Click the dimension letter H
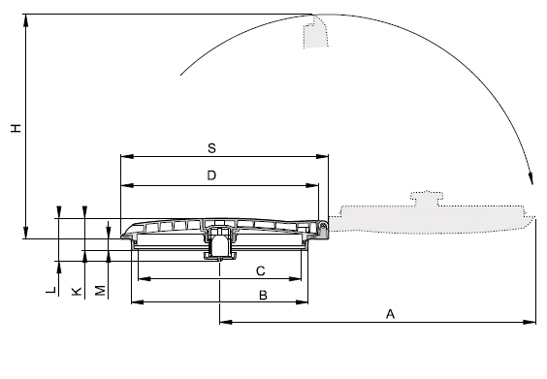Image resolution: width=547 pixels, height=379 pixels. [16, 128]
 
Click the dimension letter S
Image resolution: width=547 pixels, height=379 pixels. [211, 148]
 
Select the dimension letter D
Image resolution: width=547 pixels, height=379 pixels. [211, 175]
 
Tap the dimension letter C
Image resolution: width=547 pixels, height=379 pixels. [261, 270]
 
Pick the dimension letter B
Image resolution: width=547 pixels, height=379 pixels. [263, 296]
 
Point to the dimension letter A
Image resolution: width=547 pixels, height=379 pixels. [390, 314]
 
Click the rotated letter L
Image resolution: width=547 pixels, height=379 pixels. [51, 290]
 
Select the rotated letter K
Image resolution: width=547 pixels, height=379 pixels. [77, 291]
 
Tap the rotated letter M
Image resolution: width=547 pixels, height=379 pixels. [100, 291]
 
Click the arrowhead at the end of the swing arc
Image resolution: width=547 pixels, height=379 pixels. [531, 178]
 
